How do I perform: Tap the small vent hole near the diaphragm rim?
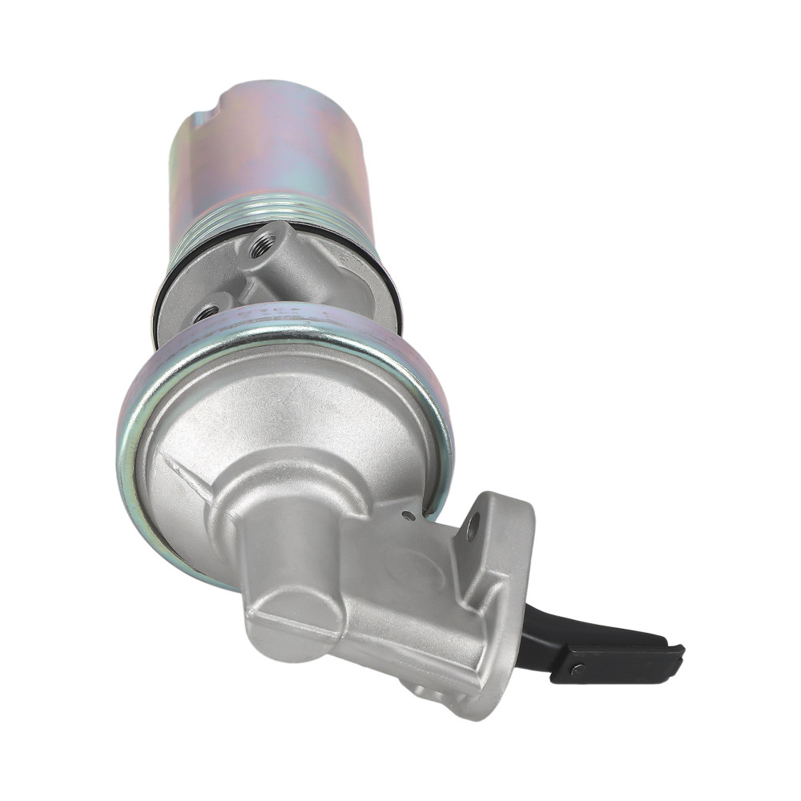point(409,516)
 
